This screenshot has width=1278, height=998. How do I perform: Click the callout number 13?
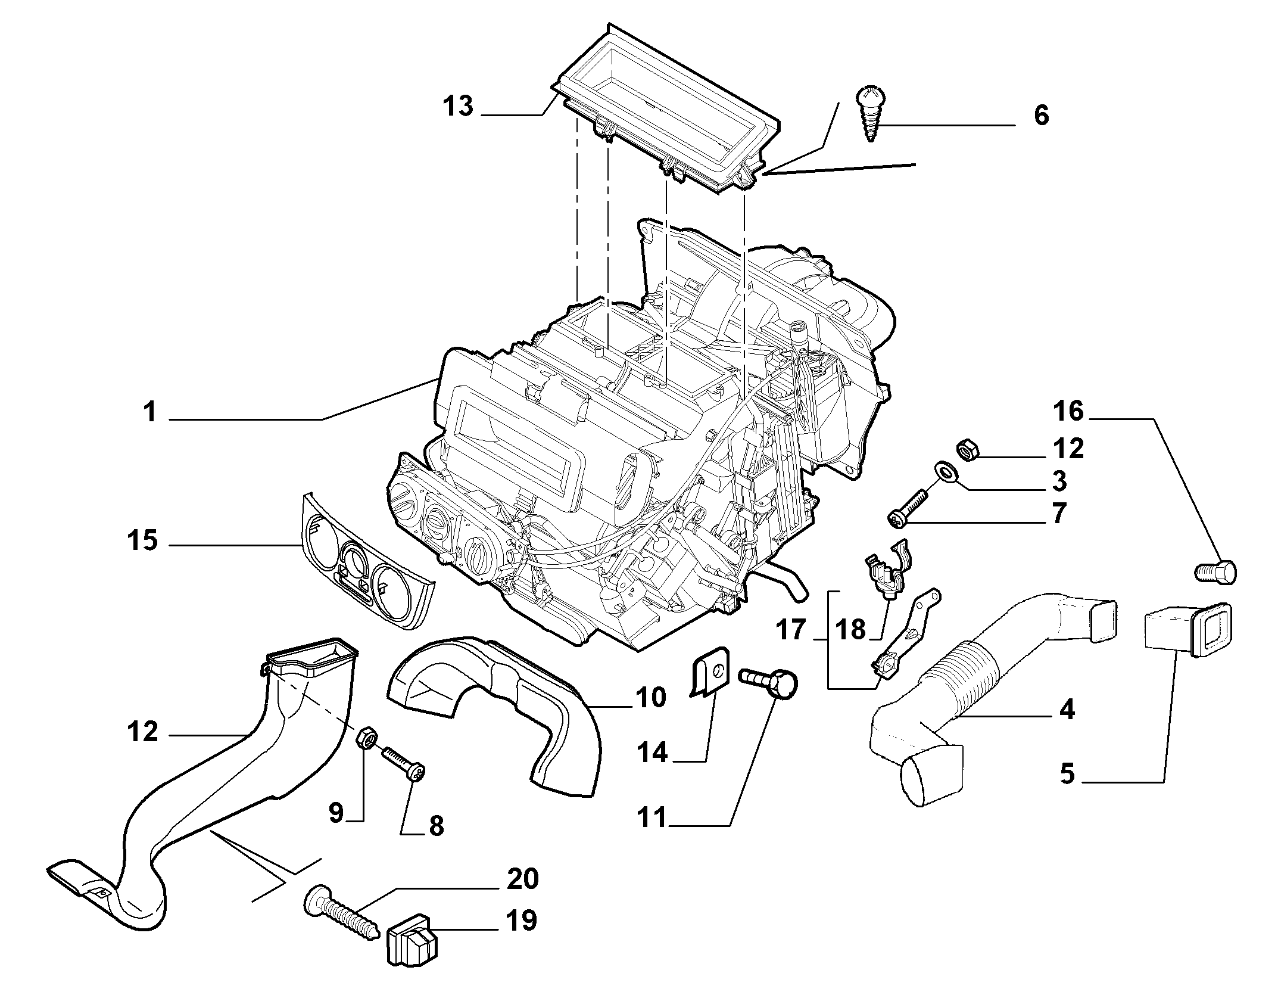pos(458,107)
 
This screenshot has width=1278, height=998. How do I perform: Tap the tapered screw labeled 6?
pos(871,114)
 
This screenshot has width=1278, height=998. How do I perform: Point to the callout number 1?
pos(150,412)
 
